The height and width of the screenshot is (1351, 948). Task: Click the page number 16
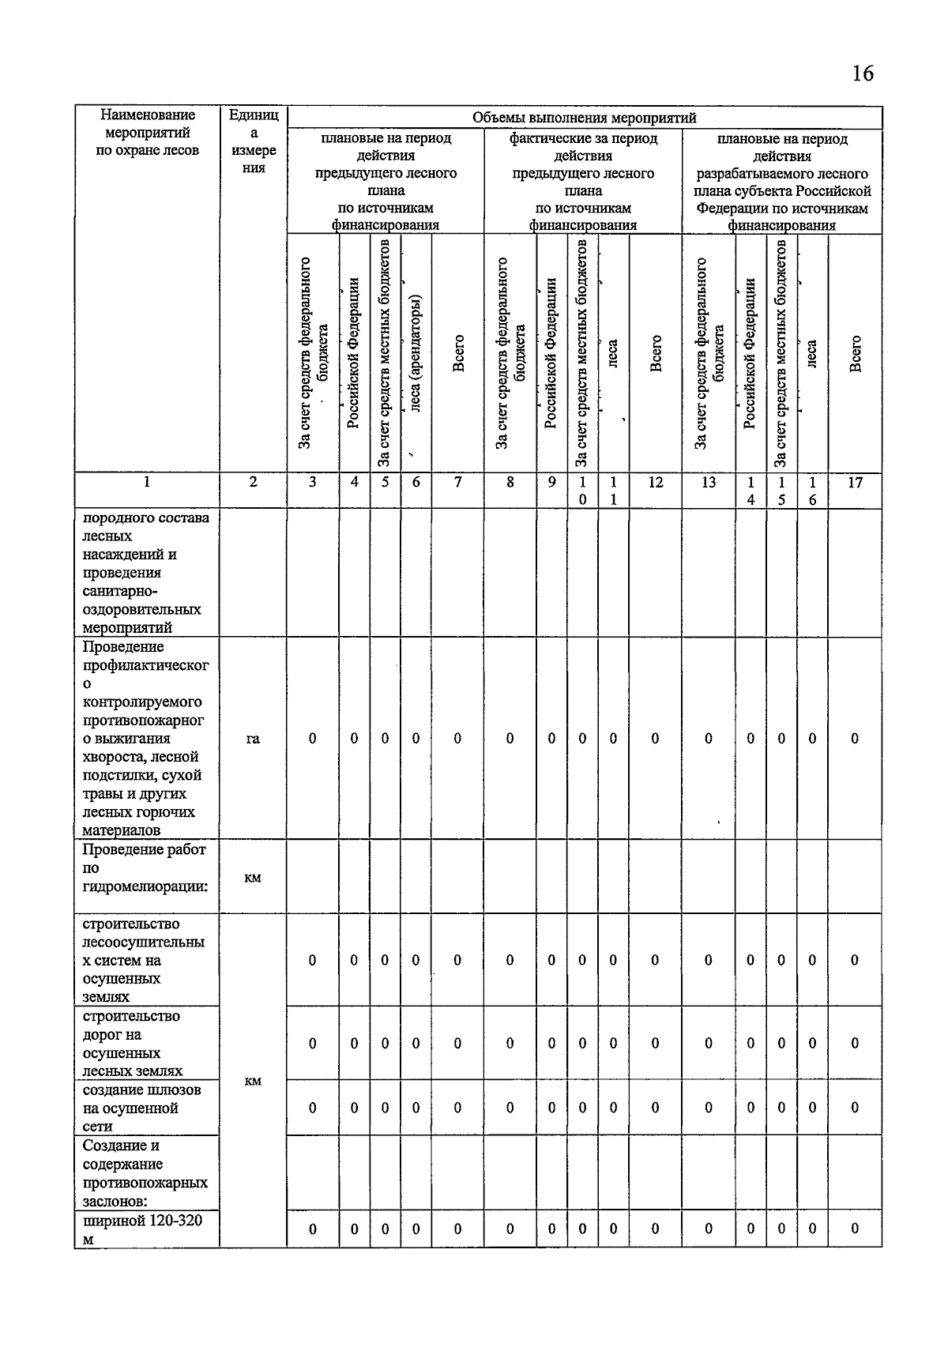click(x=863, y=73)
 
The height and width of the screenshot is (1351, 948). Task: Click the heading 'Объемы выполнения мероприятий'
click(x=584, y=118)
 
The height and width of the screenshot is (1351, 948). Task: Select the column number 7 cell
click(x=457, y=482)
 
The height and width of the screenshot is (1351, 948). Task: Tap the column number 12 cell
click(x=655, y=482)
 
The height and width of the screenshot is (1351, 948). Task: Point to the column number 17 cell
click(x=855, y=482)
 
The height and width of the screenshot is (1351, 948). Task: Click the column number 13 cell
click(x=709, y=482)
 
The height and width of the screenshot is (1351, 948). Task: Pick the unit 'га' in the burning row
click(x=253, y=739)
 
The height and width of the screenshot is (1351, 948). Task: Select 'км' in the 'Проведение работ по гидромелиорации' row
click(x=253, y=878)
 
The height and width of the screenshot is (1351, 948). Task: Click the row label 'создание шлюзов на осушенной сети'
click(x=141, y=1108)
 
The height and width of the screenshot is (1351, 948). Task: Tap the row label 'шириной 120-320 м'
click(x=141, y=1229)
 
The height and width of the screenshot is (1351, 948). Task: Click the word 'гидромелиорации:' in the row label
click(x=145, y=886)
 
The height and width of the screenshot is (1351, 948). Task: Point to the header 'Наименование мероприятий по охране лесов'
click(x=147, y=133)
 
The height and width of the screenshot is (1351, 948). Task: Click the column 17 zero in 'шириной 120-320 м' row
click(x=855, y=1229)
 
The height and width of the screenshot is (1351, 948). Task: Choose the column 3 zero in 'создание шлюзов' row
click(x=313, y=1108)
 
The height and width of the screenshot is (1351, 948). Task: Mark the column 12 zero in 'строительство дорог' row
click(x=655, y=1043)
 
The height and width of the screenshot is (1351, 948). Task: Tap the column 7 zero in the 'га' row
click(x=457, y=739)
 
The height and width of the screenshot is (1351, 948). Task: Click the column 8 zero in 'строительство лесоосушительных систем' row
click(x=510, y=960)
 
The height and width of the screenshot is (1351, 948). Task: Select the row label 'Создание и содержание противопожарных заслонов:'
click(x=145, y=1173)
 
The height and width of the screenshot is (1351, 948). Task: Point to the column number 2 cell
click(x=253, y=482)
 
